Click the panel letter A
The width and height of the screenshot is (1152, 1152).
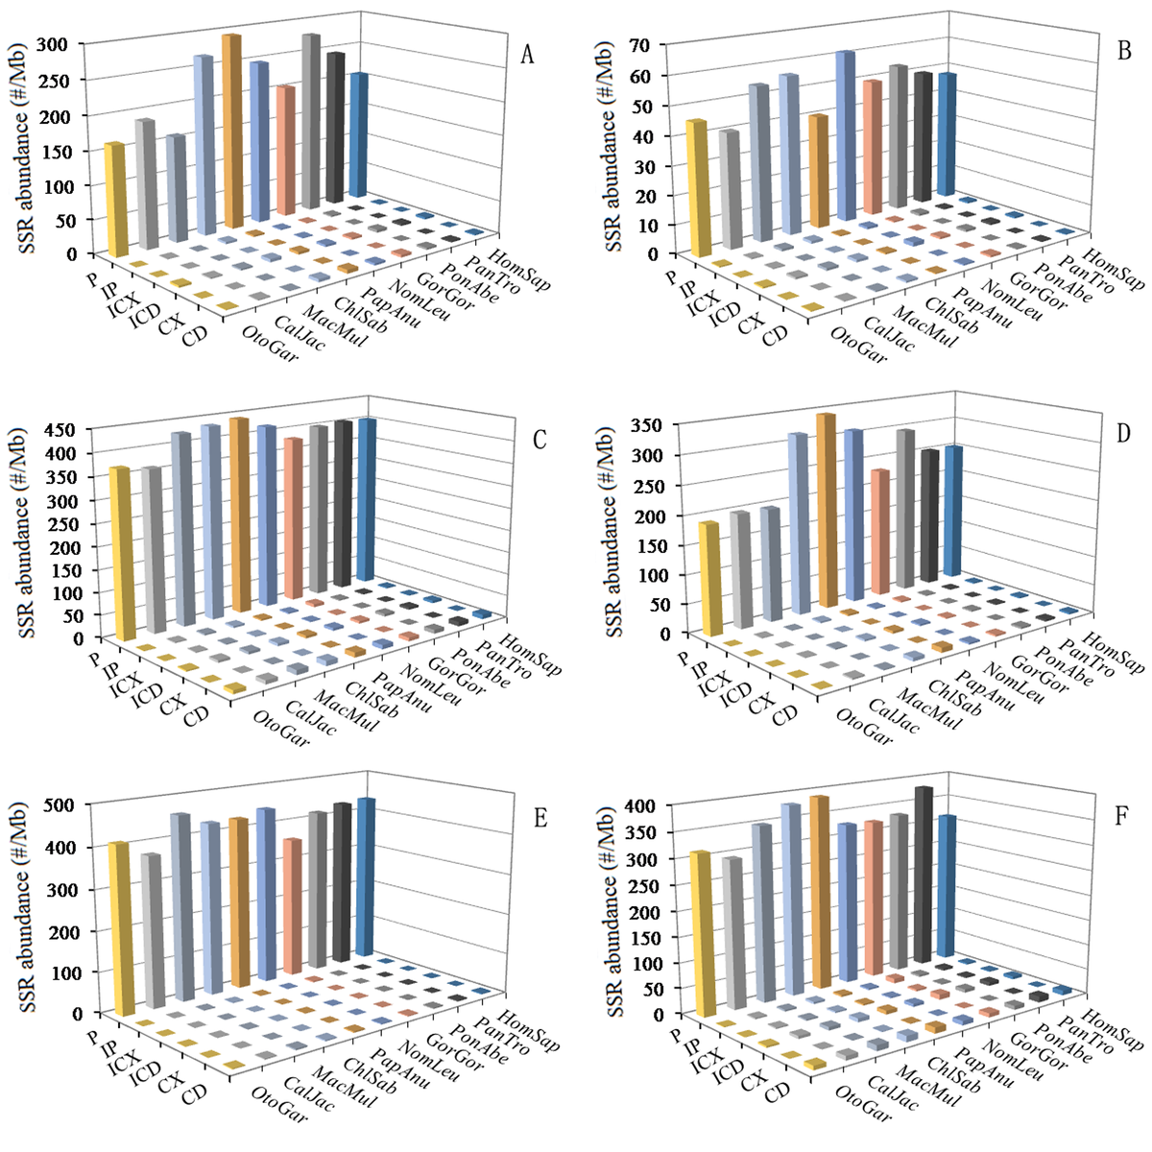(527, 55)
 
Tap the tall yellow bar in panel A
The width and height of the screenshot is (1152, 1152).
(115, 202)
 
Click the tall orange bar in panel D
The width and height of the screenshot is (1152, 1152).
(826, 509)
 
